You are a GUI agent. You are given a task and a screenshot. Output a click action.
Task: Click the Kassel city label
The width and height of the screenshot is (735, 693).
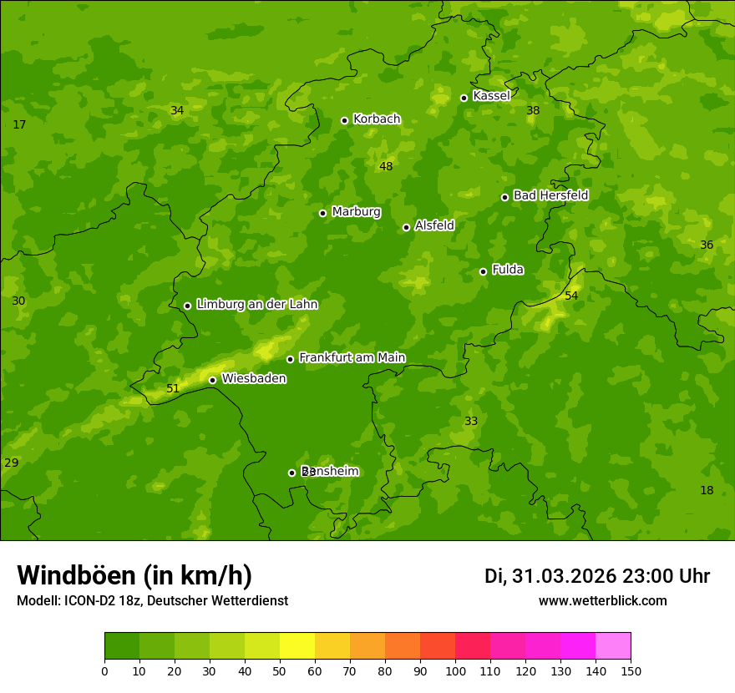pos(491,96)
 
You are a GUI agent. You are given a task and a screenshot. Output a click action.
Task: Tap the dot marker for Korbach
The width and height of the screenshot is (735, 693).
pos(344,120)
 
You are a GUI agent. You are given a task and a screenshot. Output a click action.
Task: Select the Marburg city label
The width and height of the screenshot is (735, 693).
pos(356,212)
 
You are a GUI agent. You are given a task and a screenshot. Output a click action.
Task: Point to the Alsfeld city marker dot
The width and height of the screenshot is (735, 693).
pos(406,227)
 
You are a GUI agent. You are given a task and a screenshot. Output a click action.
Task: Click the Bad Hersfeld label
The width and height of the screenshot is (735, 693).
pos(550,195)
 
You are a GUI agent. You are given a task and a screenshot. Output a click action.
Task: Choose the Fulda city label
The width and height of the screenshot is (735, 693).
pos(508,270)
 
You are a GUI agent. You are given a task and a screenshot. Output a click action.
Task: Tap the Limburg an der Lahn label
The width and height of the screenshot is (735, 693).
pos(257,305)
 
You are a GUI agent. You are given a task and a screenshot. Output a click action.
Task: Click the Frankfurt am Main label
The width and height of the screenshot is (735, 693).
pos(352,357)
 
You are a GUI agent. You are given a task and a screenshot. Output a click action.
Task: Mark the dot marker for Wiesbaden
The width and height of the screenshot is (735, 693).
pos(212,380)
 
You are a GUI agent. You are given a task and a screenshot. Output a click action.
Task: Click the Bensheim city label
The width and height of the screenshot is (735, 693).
pos(330,471)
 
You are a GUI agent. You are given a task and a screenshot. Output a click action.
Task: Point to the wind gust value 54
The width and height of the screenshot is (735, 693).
pos(571,296)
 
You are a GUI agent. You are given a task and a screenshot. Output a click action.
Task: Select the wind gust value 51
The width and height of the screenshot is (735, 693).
pos(173,388)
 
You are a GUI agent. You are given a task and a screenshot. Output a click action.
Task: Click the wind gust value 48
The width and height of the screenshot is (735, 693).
pos(386,166)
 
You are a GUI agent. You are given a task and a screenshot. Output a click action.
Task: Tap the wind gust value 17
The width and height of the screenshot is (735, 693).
pos(19,124)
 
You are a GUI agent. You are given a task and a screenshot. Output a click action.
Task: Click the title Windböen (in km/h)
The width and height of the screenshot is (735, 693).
pos(134,575)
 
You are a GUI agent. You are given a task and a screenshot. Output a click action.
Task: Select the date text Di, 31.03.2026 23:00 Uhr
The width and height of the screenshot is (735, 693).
pos(597,576)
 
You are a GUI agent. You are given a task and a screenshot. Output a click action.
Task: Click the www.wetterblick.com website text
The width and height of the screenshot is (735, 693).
pos(602,601)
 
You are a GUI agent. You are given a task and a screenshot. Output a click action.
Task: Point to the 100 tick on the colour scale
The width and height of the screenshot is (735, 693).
pos(455,670)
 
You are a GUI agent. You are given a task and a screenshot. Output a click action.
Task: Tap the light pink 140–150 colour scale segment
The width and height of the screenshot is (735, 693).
pos(613,646)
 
